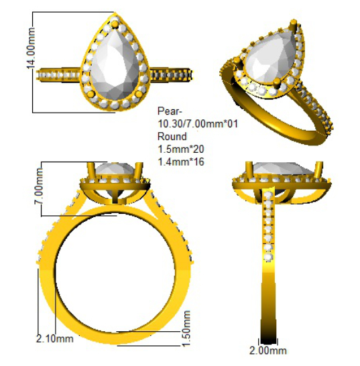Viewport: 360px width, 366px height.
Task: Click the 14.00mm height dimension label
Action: [x=31, y=48]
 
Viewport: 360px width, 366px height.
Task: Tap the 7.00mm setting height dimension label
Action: [x=39, y=186]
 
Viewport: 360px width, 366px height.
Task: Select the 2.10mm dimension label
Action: [x=54, y=339]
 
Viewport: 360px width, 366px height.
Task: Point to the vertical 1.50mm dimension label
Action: [x=186, y=328]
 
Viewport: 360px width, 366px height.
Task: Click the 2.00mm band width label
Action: [x=267, y=351]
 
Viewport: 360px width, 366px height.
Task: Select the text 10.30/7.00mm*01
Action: [x=198, y=124]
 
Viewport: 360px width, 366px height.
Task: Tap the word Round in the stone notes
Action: [x=172, y=136]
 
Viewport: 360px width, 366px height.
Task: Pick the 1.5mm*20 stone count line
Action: [x=181, y=149]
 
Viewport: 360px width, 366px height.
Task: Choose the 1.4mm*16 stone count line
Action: [x=181, y=162]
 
